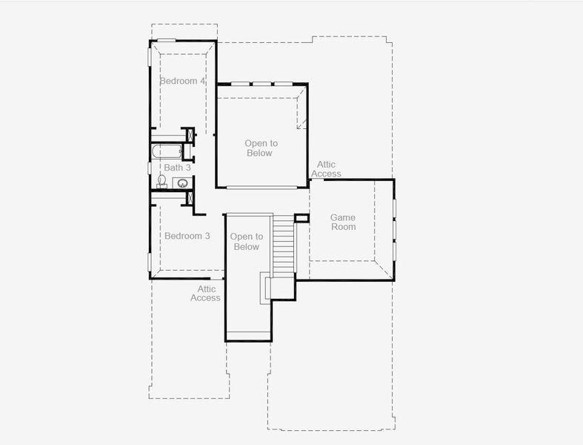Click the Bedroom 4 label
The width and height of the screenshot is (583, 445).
182,80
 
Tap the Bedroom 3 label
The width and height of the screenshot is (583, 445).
187,236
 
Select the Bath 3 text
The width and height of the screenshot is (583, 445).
178,168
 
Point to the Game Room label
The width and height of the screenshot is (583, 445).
343,222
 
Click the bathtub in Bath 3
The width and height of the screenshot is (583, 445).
166,152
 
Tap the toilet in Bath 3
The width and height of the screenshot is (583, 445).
161,180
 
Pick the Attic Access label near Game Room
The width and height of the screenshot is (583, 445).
326,169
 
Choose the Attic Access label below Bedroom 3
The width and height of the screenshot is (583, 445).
205,294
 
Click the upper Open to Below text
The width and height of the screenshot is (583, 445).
261,148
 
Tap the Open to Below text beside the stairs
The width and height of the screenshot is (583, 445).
246,242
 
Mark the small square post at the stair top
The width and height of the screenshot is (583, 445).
302,218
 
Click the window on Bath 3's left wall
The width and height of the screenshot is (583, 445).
150,168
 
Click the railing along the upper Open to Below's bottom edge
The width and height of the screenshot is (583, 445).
261,187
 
